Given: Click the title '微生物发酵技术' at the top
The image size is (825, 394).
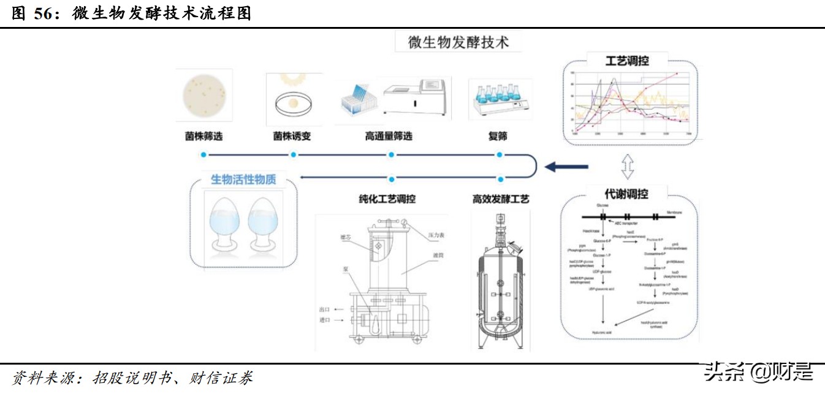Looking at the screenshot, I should [x=458, y=42].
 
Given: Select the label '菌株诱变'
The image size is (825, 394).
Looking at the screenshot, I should [x=292, y=136].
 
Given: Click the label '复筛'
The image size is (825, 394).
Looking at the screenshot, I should [x=498, y=136].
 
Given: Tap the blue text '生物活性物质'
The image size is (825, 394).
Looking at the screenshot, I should [x=243, y=180].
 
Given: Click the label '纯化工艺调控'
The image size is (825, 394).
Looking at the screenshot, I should [x=387, y=199].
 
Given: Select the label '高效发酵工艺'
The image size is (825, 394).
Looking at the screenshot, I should [x=501, y=199].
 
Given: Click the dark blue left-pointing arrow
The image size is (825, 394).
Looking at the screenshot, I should [x=566, y=166].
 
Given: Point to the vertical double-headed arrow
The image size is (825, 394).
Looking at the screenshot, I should [x=626, y=165].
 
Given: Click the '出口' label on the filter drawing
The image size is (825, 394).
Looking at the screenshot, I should [x=325, y=309].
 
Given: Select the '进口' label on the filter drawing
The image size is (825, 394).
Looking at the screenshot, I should [x=325, y=320].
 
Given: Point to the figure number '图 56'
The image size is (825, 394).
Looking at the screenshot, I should [x=34, y=13].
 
